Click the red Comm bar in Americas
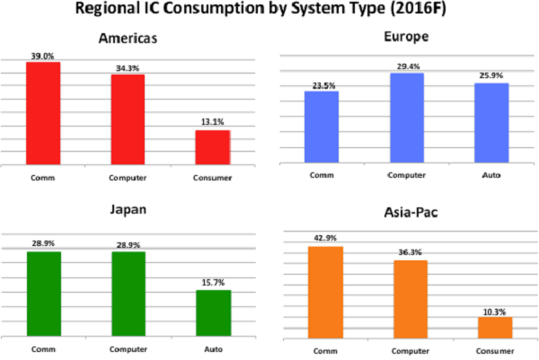42,113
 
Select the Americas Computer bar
128,119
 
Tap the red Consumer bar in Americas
213,147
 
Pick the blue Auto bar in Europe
492,122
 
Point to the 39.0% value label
42,56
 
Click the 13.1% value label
213,124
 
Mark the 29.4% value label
407,66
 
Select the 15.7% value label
213,284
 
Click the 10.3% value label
495,310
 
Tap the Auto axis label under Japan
213,349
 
